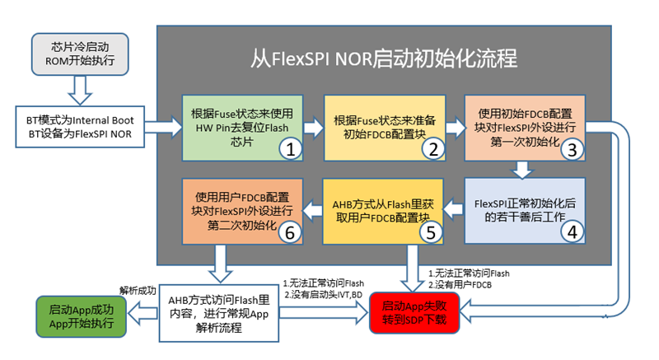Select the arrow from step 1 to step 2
(x=314, y=128)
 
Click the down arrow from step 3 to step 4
(x=523, y=170)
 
